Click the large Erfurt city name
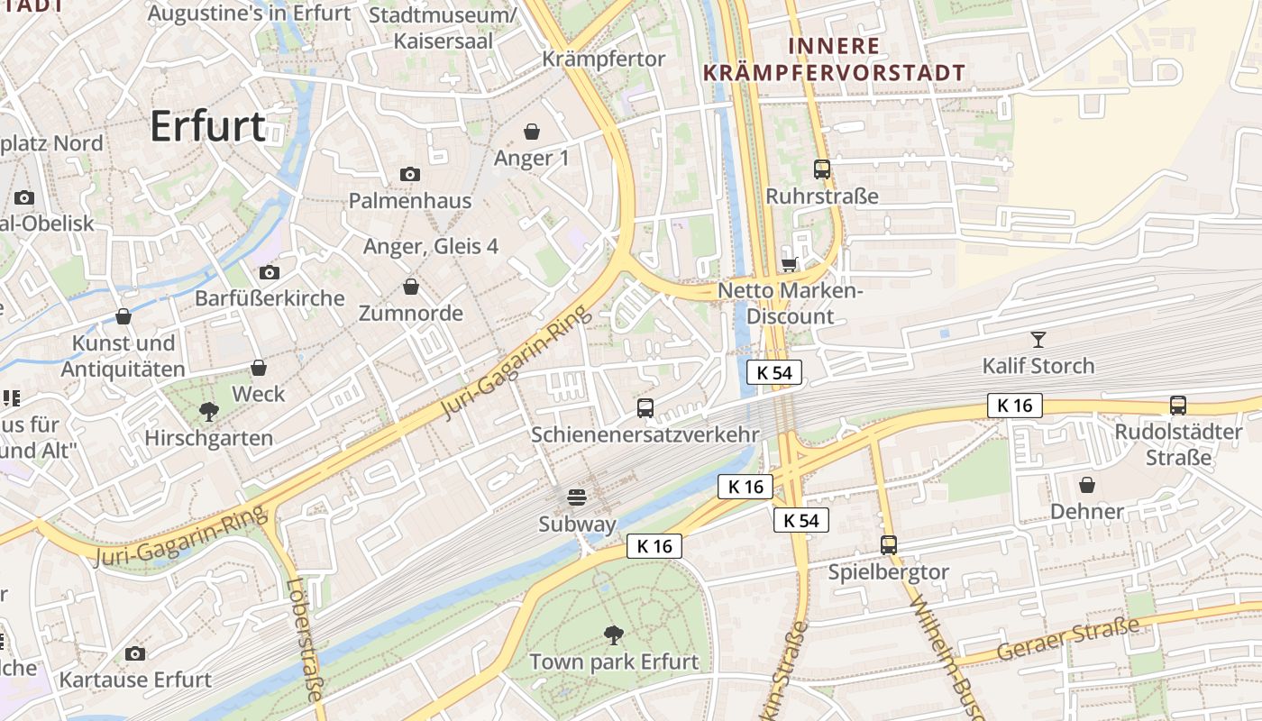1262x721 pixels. pos(207,126)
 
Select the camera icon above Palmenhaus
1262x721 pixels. pos(410,174)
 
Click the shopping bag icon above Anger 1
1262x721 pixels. pos(532,132)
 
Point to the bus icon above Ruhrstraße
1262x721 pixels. pos(821,169)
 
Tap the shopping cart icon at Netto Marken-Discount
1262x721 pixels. pos(790,264)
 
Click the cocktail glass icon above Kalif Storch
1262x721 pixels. pos(1038,340)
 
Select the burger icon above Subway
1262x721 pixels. pos(577,497)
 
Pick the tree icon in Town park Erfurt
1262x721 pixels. pos(614,634)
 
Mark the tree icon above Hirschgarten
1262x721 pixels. pos(209,412)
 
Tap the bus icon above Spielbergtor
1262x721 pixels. pos(889,544)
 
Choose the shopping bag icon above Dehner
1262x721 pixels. pos(1087,485)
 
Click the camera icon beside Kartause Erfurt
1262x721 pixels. pos(135,653)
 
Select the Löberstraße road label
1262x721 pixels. pos(305,638)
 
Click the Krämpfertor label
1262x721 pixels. pos(604,59)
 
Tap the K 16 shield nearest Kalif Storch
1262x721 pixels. pos(1015,406)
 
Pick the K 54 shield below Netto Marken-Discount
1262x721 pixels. pos(773,372)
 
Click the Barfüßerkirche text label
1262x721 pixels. pos(270,298)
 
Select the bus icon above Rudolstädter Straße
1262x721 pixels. pos(1178,405)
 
